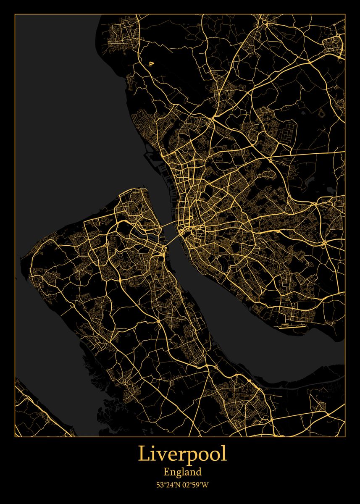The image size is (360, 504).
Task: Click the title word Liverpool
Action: (182, 454)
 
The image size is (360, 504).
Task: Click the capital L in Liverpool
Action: (144, 454)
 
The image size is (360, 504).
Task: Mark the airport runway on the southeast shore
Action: (289, 325)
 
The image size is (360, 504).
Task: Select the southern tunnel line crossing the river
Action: (172, 241)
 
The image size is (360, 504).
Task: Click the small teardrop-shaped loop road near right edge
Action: (322, 113)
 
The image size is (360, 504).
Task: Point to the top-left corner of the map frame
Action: (15, 14)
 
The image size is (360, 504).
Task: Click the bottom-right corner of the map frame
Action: (345, 436)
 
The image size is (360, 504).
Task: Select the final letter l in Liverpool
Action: (224, 454)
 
